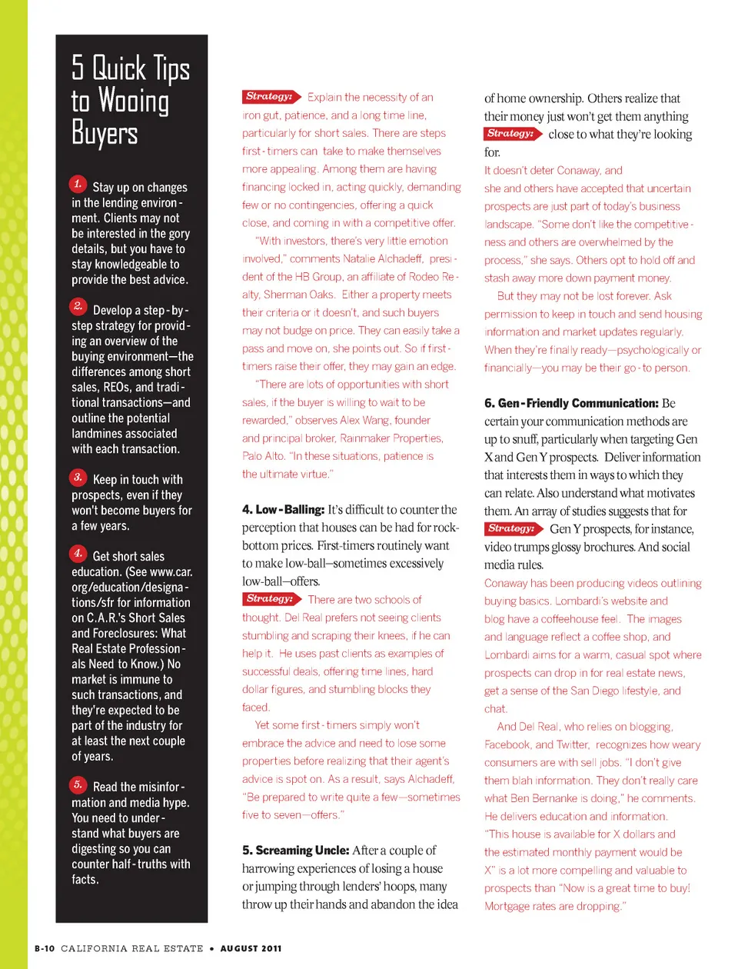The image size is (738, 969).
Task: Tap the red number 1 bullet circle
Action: pos(78,184)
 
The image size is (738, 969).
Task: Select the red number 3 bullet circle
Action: pos(78,477)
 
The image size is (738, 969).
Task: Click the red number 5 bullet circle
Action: pos(78,784)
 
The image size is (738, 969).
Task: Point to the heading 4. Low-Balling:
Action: pos(283,510)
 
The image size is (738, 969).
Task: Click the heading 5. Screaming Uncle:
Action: pos(295,851)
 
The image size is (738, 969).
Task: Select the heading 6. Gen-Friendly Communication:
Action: pos(571,403)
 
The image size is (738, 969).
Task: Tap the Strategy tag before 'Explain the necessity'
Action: pos(271,97)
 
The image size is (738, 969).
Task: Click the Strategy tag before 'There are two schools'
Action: pos(271,599)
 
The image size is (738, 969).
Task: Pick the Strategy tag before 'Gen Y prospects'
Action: pos(513,529)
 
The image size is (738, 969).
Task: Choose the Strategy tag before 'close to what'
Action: pos(512,134)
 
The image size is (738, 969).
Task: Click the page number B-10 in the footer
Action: pos(45,948)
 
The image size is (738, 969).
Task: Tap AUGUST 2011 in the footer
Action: pos(251,948)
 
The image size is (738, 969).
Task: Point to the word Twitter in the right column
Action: pos(572,744)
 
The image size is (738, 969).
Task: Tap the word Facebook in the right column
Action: pos(507,744)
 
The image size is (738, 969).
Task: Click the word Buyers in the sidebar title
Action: pos(105,133)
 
